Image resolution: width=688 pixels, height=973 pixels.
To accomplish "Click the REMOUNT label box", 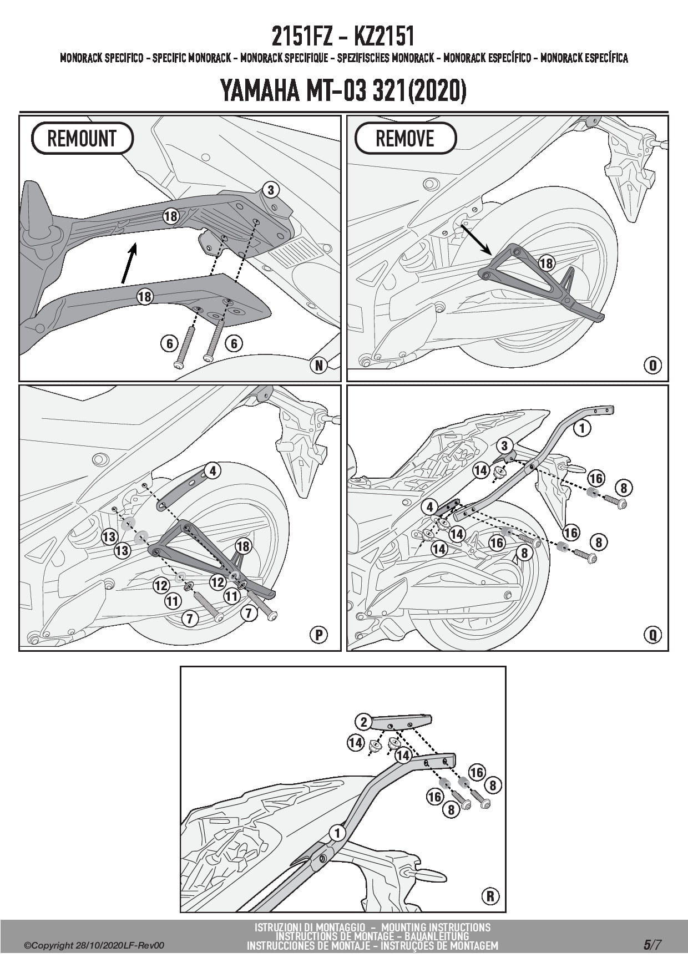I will tap(82, 138).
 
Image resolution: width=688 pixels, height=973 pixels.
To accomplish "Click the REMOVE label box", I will tap(405, 138).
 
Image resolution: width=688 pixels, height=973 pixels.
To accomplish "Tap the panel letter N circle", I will tap(319, 365).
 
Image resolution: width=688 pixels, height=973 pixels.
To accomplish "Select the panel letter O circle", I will tap(652, 365).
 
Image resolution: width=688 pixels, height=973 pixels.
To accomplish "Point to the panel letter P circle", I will tap(319, 635).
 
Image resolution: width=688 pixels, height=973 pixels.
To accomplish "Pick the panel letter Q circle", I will tap(652, 635).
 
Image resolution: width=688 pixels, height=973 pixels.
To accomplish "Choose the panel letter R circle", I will tap(490, 896).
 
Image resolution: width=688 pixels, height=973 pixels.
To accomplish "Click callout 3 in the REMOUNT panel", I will tap(270, 190).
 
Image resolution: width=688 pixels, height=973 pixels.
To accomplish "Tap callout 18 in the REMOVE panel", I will tap(547, 262).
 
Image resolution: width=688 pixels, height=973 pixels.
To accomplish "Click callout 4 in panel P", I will tap(212, 471).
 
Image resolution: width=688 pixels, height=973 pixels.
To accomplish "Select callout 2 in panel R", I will tap(364, 722).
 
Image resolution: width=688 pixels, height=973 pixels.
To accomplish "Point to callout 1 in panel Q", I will tap(582, 428).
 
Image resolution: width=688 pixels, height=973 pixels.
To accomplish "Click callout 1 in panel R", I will tap(337, 833).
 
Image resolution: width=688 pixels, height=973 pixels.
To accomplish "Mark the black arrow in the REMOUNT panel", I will tap(129, 265).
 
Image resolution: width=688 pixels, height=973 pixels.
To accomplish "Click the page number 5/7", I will tap(652, 945).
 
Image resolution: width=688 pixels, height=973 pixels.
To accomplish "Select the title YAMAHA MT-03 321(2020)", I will tap(343, 91).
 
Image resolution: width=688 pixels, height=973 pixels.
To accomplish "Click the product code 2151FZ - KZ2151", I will tap(343, 37).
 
